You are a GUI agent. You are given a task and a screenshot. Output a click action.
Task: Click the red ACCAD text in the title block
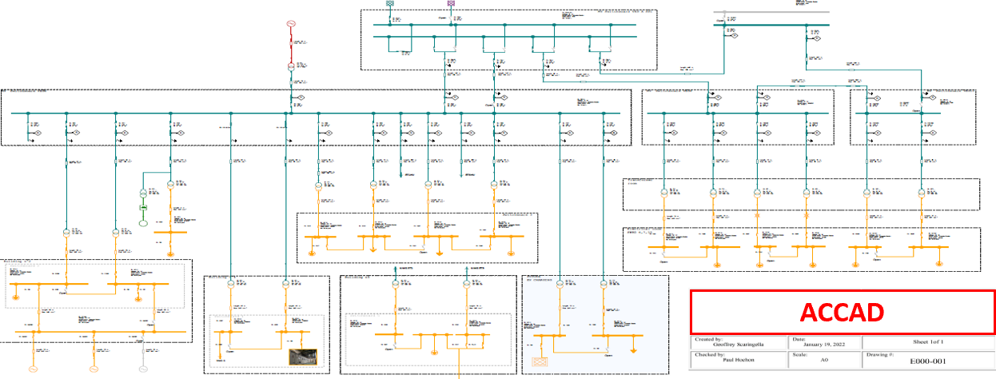click(x=842, y=312)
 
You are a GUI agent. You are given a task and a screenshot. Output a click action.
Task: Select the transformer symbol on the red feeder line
click(x=292, y=67)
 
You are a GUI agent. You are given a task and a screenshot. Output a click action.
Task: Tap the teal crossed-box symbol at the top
click(x=390, y=3)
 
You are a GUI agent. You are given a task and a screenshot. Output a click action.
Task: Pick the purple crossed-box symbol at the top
click(x=451, y=3)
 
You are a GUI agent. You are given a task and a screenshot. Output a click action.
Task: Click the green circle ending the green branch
click(x=144, y=221)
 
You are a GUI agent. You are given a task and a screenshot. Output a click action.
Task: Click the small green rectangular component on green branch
click(x=144, y=208)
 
